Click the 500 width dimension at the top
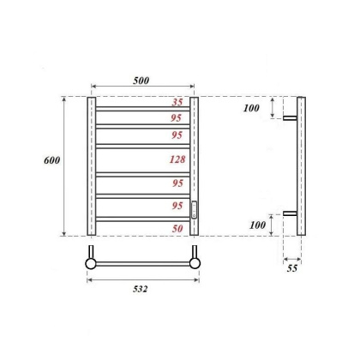141,80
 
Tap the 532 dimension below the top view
141,289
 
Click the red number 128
176,159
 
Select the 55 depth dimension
291,269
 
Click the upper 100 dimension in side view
250,108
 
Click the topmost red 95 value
177,118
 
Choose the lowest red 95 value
177,206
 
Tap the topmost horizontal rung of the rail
143,109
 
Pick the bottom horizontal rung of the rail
143,219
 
